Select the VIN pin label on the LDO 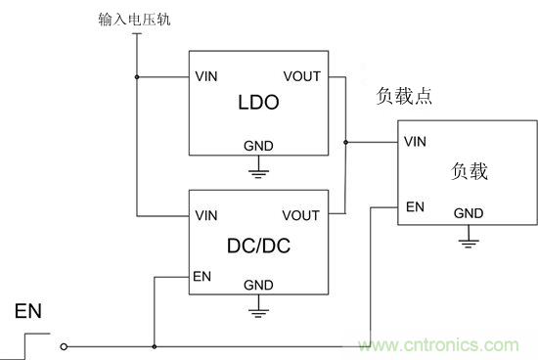tap(206, 75)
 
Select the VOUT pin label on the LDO tap(301, 75)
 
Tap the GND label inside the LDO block tap(258, 146)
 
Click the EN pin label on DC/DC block tap(202, 277)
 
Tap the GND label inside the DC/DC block tap(258, 286)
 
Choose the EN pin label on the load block tap(415, 206)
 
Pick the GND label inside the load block tap(469, 212)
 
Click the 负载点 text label tap(404, 98)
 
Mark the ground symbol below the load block tap(469, 238)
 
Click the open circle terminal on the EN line tap(65, 345)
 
